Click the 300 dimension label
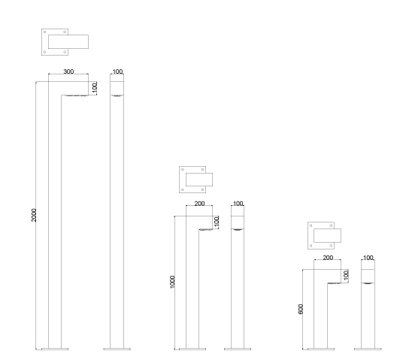(68, 71)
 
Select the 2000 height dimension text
(34, 215)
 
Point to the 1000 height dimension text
(172, 282)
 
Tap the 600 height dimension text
(301, 309)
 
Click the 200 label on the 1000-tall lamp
(199, 204)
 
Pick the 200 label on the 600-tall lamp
(328, 258)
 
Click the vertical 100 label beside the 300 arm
(95, 88)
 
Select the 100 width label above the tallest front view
(117, 71)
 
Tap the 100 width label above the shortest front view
(368, 258)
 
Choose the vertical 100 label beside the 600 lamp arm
(346, 276)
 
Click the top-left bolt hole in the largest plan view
(44, 32)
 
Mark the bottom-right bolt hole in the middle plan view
(203, 190)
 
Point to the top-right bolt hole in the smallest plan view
(331, 225)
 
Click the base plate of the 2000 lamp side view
(55, 349)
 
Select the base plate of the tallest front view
(117, 349)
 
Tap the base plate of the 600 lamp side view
(321, 349)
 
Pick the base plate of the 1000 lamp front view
(238, 349)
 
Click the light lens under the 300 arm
(76, 95)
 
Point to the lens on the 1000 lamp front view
(238, 230)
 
